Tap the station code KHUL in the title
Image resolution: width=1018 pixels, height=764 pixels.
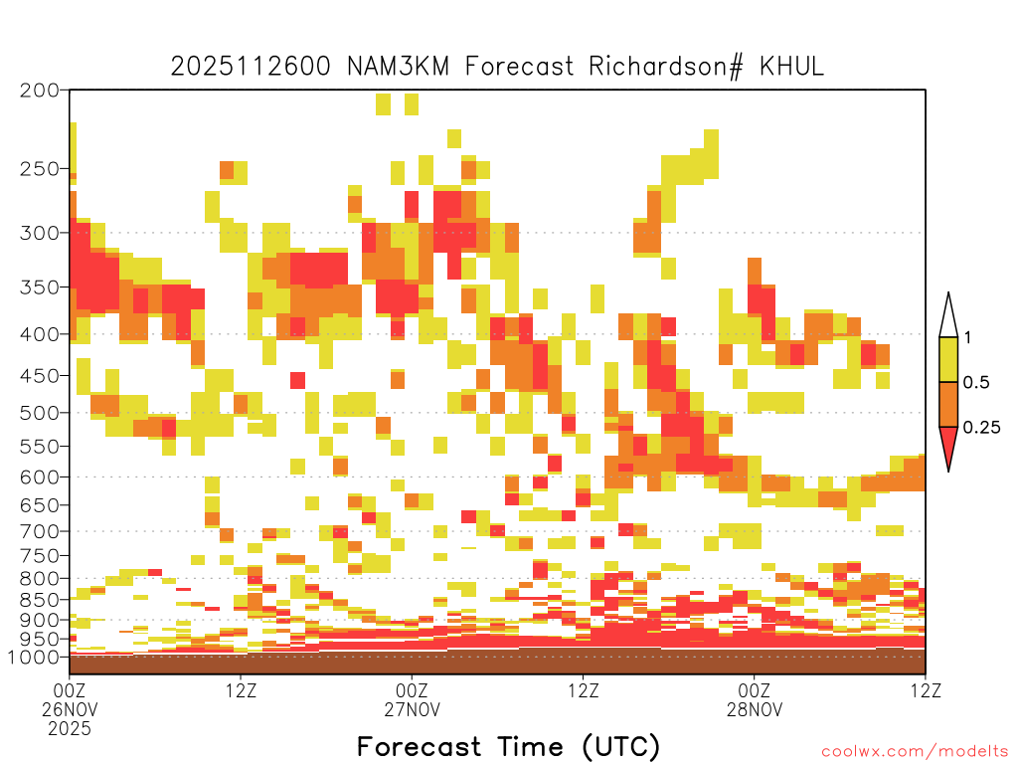click(x=791, y=67)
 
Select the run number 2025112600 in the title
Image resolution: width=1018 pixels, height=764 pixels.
click(x=251, y=67)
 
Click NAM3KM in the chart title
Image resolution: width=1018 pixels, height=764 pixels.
click(x=398, y=67)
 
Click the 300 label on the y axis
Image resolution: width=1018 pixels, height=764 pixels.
click(x=40, y=233)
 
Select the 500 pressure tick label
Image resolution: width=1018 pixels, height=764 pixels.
click(x=40, y=413)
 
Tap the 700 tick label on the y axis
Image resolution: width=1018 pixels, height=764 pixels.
click(x=40, y=531)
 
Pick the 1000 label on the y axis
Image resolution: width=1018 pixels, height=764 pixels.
click(x=33, y=658)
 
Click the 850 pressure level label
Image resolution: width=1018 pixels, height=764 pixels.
click(x=40, y=600)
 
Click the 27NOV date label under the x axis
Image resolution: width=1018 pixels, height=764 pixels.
click(x=413, y=709)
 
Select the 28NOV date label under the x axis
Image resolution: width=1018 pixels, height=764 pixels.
click(x=755, y=709)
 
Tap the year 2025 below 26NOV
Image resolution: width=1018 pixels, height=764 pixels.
click(x=70, y=729)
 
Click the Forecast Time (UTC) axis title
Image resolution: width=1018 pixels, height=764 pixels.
click(x=508, y=747)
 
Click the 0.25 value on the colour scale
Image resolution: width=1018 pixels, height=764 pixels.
click(x=981, y=428)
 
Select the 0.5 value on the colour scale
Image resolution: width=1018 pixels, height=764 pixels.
click(x=976, y=383)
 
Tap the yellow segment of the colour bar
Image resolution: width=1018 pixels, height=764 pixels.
click(x=948, y=359)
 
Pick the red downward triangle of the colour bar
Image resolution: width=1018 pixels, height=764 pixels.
click(x=948, y=445)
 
